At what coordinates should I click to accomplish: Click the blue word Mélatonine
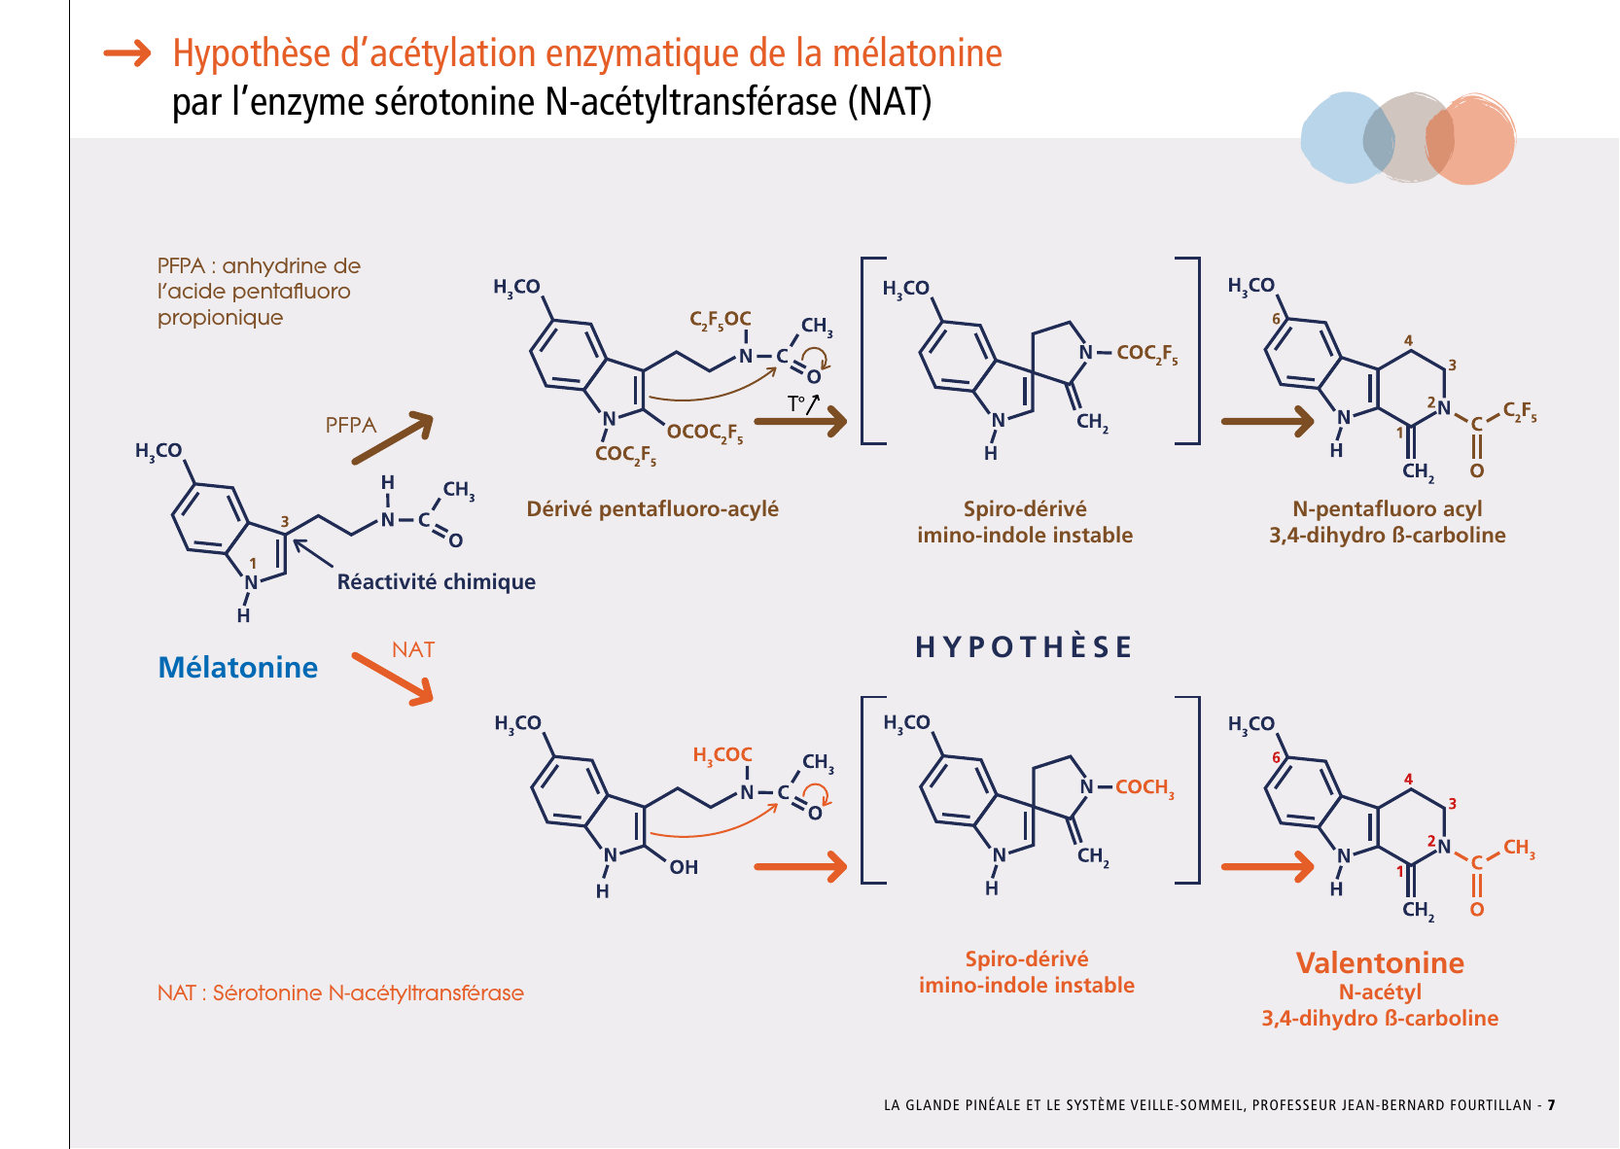pyautogui.click(x=237, y=667)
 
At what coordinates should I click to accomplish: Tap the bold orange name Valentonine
pyautogui.click(x=1380, y=962)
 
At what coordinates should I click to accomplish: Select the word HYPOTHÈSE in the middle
pyautogui.click(x=1024, y=647)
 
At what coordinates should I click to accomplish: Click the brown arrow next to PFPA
pyautogui.click(x=392, y=437)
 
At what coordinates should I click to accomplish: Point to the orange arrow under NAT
pyautogui.click(x=392, y=678)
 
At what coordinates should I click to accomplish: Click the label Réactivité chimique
pyautogui.click(x=436, y=581)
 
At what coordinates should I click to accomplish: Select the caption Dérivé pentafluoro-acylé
pyautogui.click(x=652, y=508)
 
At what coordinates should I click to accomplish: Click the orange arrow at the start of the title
pyautogui.click(x=127, y=53)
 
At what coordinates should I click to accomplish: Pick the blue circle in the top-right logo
pyautogui.click(x=1337, y=138)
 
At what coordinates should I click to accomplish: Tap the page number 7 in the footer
pyautogui.click(x=1552, y=1105)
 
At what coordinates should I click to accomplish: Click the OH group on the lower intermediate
pyautogui.click(x=684, y=867)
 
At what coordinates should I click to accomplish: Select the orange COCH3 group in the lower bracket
pyautogui.click(x=1145, y=787)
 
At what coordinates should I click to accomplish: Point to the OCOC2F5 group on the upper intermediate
pyautogui.click(x=705, y=433)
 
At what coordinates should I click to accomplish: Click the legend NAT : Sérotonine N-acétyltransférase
pyautogui.click(x=340, y=992)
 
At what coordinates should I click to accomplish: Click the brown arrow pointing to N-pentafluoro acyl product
pyautogui.click(x=1267, y=422)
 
